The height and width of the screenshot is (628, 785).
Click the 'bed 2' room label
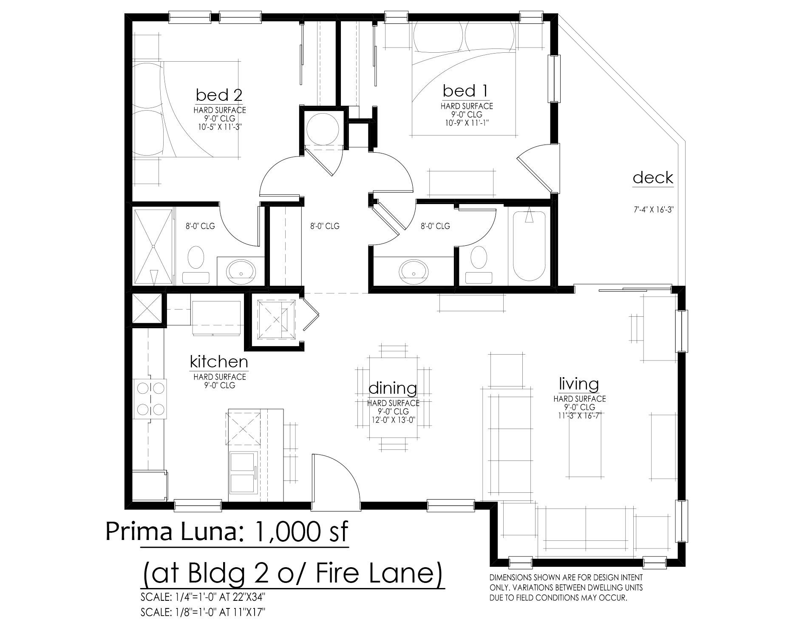[219, 94]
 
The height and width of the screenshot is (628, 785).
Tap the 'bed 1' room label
[465, 91]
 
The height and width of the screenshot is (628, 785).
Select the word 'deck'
[653, 177]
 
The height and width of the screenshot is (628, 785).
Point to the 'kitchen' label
[219, 362]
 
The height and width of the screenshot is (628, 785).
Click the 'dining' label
[393, 388]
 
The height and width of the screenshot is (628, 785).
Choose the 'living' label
[579, 384]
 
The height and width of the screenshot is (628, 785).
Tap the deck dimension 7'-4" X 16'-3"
[653, 210]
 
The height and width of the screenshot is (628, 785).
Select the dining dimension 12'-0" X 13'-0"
[393, 420]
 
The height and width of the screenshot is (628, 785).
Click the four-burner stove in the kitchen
[150, 399]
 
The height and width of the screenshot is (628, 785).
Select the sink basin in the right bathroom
[414, 269]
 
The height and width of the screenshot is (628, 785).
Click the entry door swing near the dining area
[336, 481]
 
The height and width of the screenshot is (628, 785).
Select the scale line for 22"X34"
[205, 597]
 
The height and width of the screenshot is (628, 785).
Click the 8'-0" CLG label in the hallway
[325, 226]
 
